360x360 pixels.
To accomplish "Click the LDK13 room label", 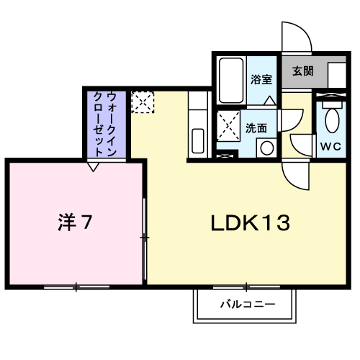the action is pyautogui.click(x=251, y=223).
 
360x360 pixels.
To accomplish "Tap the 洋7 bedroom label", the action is pyautogui.click(x=75, y=222).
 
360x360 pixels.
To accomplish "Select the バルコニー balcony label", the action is pyautogui.click(x=248, y=305).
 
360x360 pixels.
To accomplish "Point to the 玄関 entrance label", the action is pyautogui.click(x=303, y=71).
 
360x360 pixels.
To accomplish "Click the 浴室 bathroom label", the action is pyautogui.click(x=261, y=79).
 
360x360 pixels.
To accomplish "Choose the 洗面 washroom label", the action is pyautogui.click(x=256, y=128).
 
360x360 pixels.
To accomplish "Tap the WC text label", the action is pyautogui.click(x=330, y=146).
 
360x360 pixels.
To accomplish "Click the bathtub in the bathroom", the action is pyautogui.click(x=231, y=80).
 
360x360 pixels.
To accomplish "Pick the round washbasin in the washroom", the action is pyautogui.click(x=267, y=148).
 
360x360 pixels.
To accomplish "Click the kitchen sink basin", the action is pyautogui.click(x=198, y=141).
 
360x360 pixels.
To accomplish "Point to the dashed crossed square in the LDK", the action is pyautogui.click(x=143, y=102).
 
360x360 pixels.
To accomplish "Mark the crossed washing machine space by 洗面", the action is pyautogui.click(x=228, y=126).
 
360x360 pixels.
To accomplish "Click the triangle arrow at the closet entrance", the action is pyautogui.click(x=93, y=167).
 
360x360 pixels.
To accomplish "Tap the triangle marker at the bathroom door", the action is pyautogui.click(x=270, y=101).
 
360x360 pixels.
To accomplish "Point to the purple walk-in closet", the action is pyautogui.click(x=107, y=125).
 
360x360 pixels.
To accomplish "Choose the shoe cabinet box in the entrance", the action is pyautogui.click(x=337, y=75).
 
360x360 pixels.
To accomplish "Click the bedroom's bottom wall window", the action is pyautogui.click(x=76, y=287).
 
